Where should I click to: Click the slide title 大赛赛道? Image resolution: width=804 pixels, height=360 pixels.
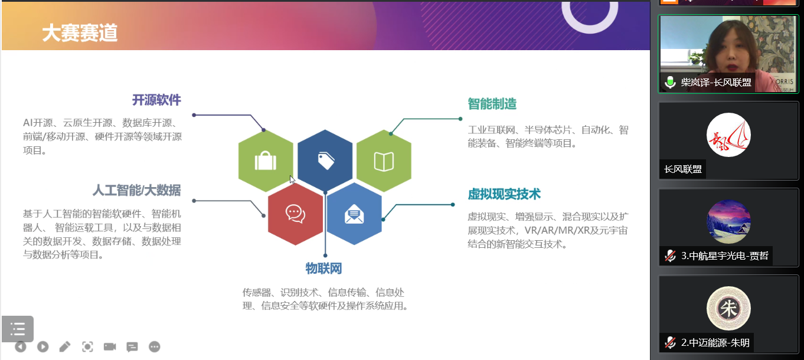[80, 33]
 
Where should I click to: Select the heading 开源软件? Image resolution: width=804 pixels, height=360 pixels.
[156, 100]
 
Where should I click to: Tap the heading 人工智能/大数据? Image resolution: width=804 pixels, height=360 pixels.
[136, 190]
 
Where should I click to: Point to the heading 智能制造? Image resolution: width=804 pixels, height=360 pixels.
[492, 104]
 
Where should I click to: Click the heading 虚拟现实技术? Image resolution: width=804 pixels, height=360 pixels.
[504, 194]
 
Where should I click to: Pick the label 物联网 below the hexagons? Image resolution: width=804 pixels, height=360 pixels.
[323, 269]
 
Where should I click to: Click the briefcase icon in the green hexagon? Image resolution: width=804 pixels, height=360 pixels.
[266, 161]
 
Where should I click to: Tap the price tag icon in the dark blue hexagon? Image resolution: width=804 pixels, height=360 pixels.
[325, 161]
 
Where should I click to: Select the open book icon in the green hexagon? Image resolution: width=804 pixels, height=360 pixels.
[384, 161]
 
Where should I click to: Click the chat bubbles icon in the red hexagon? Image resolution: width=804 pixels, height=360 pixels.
[295, 213]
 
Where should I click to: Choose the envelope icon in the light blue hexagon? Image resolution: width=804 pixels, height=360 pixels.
[354, 213]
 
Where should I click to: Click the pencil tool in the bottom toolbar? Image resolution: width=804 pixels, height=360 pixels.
[65, 346]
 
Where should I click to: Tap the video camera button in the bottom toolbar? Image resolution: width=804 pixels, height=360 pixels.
[110, 346]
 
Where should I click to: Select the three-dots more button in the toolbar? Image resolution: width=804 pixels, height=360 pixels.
[155, 346]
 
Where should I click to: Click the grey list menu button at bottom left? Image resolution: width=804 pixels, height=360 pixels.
[18, 329]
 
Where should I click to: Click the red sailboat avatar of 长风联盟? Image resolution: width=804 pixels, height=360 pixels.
[728, 135]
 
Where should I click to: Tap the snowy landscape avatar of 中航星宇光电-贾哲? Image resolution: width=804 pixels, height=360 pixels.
[728, 222]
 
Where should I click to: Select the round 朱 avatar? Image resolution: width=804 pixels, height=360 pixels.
[728, 309]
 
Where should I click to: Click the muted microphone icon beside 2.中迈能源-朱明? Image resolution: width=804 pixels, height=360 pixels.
[670, 342]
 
